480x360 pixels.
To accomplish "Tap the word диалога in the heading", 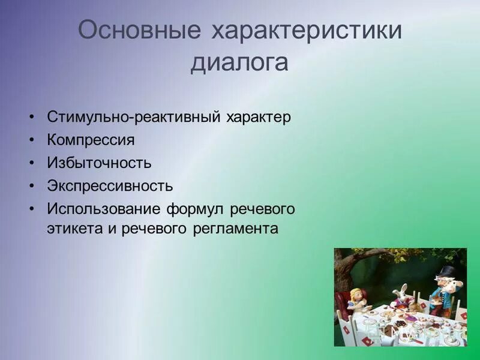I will click(x=239, y=63).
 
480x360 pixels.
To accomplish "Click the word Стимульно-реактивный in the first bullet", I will click(x=133, y=117).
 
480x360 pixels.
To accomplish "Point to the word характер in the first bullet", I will click(x=258, y=117).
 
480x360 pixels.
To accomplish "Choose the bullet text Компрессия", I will click(x=91, y=140).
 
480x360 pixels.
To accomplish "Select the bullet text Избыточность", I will click(x=99, y=163).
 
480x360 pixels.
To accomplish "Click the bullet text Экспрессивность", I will click(x=110, y=185).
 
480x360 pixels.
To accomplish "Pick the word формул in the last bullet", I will click(x=194, y=208).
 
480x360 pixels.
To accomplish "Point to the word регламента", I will click(x=236, y=229).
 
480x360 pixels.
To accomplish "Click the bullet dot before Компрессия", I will click(x=31, y=140).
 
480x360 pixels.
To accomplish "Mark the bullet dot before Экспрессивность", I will click(x=31, y=185).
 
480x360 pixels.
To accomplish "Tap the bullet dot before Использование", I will click(x=31, y=208).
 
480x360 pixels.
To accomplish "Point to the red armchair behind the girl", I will click(x=343, y=303).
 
